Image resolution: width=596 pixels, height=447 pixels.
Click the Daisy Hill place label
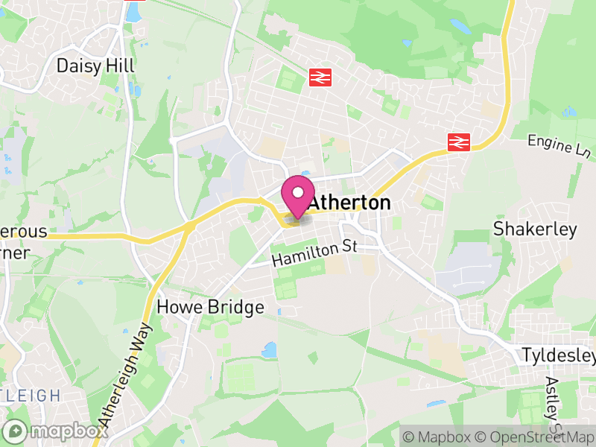pyautogui.click(x=95, y=66)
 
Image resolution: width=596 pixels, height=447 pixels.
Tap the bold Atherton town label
pyautogui.click(x=349, y=203)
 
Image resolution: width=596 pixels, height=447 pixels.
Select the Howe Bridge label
pyautogui.click(x=210, y=307)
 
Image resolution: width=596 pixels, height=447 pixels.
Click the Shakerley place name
pyautogui.click(x=535, y=229)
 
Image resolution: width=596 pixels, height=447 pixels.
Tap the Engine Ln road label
pyautogui.click(x=559, y=146)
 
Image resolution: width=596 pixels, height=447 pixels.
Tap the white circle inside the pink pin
pyautogui.click(x=298, y=193)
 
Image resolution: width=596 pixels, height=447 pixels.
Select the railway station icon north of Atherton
pyautogui.click(x=320, y=77)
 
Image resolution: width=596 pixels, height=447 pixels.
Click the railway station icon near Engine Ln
pyautogui.click(x=457, y=142)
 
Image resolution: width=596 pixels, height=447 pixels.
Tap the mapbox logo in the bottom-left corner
pyautogui.click(x=56, y=431)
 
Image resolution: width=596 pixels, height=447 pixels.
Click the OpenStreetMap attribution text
pyautogui.click(x=537, y=437)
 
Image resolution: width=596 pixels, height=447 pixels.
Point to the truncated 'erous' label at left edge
pyautogui.click(x=22, y=232)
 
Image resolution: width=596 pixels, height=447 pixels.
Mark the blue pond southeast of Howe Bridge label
pyautogui.click(x=269, y=349)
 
